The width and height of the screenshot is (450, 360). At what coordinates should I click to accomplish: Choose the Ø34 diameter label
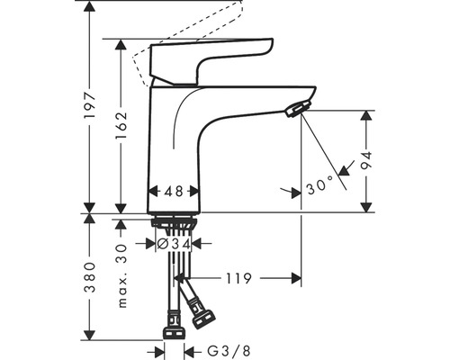point(173,243)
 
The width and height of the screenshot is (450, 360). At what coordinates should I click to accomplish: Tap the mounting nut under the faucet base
point(175,222)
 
